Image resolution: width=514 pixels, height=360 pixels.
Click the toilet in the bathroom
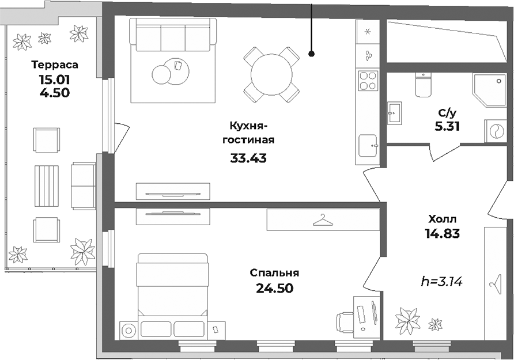tap(424, 85)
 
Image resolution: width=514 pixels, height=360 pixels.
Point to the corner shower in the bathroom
tap(486, 89)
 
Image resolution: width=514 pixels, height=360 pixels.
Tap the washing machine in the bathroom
tap(494, 131)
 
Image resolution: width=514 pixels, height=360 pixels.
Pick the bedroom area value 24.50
tap(274, 288)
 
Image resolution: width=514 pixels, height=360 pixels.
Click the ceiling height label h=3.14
tap(443, 282)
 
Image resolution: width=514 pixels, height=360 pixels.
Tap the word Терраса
tap(55, 65)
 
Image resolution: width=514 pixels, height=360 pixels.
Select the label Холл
tap(443, 219)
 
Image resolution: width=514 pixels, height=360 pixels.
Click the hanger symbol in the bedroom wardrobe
tap(323, 219)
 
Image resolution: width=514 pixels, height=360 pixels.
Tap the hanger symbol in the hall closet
tap(494, 283)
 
